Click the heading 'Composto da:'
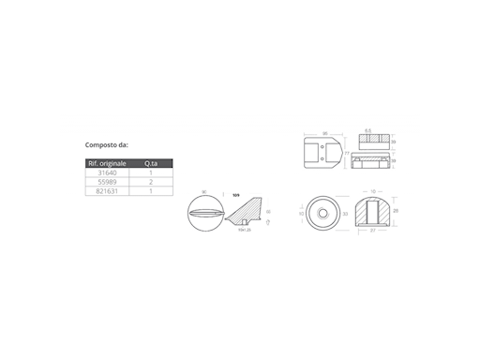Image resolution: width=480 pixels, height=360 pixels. (107, 145)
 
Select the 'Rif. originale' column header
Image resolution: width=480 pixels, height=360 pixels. (106, 163)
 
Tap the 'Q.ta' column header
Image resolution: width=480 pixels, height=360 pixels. (150, 163)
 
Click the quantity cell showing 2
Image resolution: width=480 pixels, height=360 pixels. (150, 182)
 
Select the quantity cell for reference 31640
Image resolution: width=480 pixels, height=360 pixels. (150, 172)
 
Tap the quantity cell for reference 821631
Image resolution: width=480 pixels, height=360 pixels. (150, 191)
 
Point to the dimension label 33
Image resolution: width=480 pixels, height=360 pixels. (346, 214)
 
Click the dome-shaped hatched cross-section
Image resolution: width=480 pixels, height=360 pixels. (373, 212)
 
